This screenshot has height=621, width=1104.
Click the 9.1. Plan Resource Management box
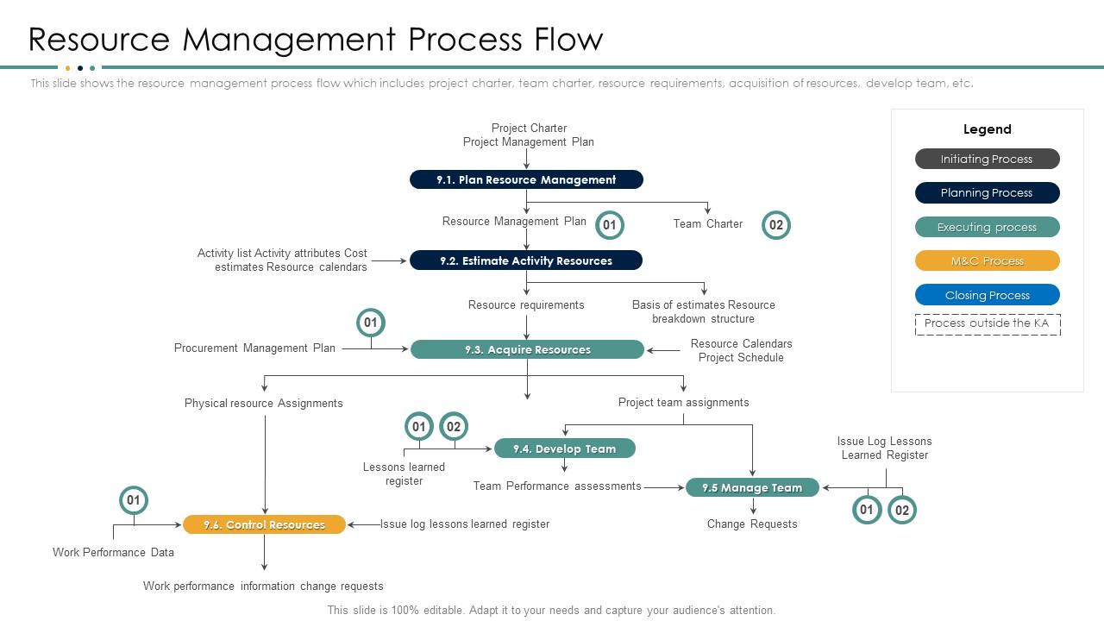coord(526,179)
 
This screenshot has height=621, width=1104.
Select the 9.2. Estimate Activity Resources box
coord(526,260)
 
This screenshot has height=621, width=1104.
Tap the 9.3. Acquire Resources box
coord(527,349)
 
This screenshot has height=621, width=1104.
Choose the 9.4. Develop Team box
coord(565,448)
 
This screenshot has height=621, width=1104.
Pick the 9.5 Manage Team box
coord(752,487)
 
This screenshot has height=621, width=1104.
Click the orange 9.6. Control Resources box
coord(264,524)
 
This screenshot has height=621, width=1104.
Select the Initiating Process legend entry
coord(987,159)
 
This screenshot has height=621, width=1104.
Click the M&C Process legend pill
coord(987,260)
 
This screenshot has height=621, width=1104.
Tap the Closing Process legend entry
coord(987,295)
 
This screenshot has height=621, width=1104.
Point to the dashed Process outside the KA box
coord(987,323)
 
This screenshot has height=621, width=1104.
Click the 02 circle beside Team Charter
coord(776,225)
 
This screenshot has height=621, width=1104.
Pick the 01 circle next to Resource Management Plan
coord(610,225)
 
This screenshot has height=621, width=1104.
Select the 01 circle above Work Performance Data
coord(134,500)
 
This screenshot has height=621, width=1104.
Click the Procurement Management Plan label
coord(254,348)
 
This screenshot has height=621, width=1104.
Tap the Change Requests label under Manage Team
coord(752,524)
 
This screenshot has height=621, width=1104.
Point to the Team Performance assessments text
coord(557,486)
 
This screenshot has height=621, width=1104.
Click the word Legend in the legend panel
coord(987,129)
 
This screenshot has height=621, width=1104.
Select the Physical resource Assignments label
coord(263,403)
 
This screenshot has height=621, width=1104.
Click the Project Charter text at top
coord(529,128)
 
